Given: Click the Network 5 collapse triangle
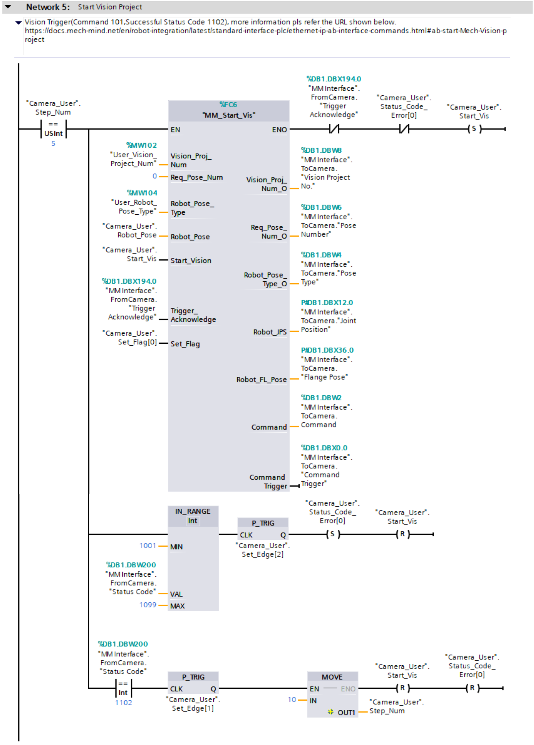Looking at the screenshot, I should coord(8,7).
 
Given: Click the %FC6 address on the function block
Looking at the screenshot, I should coord(228,105).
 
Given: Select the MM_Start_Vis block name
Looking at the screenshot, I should coord(228,115).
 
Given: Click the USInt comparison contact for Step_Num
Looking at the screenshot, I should coord(53,129).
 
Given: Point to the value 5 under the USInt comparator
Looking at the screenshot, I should coord(53,144).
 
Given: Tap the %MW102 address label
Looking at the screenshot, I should coord(142,145).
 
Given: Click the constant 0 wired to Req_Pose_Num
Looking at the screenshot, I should coord(155,176).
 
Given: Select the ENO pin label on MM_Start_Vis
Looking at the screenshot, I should coord(279,130).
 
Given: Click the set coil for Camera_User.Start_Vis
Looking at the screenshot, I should coord(474,129).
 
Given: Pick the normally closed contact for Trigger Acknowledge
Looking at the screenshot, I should coord(334,129).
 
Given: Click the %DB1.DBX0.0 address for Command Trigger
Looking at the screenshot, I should coord(324,448).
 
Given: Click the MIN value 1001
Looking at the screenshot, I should coord(148,546).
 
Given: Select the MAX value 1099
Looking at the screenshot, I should coord(148,605).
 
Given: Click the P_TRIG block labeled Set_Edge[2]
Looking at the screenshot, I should coord(263,529).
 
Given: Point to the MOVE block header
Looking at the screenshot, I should coord(332,677).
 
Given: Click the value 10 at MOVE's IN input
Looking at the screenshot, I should coord(292,700).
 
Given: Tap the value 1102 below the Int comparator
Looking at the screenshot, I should coord(123,703).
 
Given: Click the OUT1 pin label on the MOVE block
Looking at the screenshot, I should coord(346,713).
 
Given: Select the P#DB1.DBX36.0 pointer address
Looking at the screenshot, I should coord(327,350).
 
